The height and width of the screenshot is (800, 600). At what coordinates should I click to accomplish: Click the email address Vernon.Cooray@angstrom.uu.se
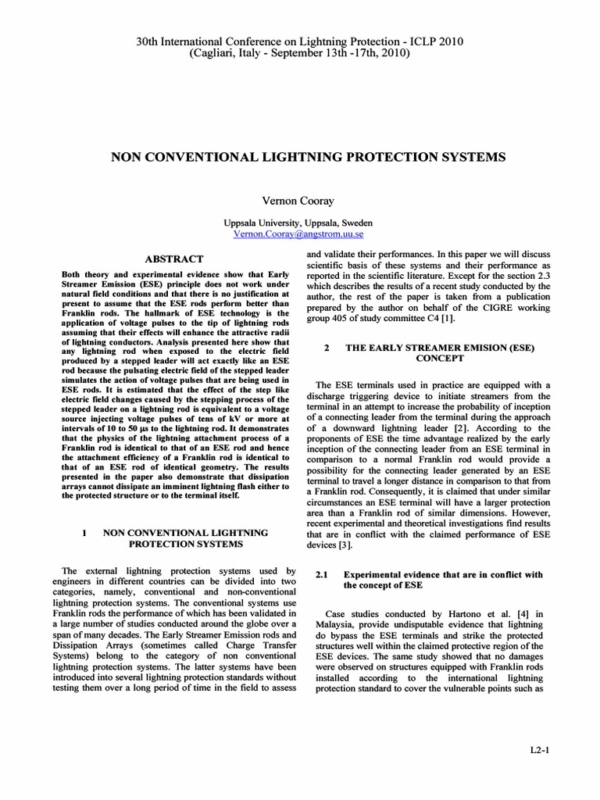(x=299, y=234)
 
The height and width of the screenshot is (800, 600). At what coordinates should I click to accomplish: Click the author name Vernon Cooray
(x=299, y=201)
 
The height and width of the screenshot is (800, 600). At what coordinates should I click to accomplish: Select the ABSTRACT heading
(x=174, y=259)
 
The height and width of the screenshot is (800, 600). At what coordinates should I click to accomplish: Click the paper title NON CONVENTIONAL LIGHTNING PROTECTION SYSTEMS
(x=299, y=157)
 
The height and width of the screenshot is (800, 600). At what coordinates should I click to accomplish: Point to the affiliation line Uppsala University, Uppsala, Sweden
(x=299, y=222)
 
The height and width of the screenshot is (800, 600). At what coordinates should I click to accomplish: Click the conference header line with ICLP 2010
(x=299, y=41)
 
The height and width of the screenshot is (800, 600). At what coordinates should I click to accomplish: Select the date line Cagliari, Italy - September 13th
(x=299, y=53)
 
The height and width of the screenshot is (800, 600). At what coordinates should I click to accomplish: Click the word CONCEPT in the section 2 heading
(x=440, y=358)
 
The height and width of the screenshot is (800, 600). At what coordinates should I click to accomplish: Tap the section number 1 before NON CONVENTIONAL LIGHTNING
(x=83, y=532)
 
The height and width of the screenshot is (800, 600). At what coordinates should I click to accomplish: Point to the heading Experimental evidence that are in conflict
(x=443, y=574)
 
